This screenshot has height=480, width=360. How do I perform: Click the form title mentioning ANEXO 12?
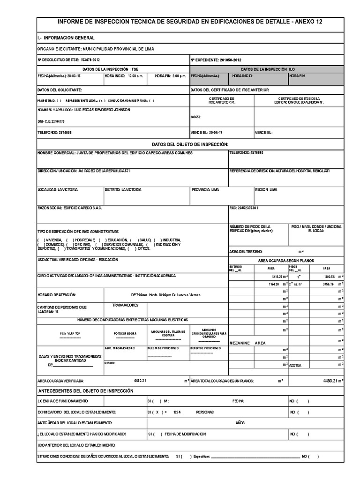(x=190, y=22)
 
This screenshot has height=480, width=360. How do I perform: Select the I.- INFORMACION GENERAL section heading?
(x=66, y=37)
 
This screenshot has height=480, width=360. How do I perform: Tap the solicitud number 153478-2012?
(x=90, y=60)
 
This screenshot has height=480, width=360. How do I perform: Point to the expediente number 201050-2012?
(x=230, y=60)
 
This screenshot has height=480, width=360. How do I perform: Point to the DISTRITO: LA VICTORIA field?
(x=123, y=189)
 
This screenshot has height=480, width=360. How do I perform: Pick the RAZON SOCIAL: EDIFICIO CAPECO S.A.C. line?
(x=69, y=207)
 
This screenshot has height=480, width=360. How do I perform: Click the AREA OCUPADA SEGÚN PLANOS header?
(x=286, y=261)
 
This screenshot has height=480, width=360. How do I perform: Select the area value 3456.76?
(x=325, y=284)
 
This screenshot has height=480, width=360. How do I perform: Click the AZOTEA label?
(x=296, y=365)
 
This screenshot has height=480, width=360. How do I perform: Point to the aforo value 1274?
(x=177, y=412)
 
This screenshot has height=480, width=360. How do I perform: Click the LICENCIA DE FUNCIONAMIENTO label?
(x=62, y=401)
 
